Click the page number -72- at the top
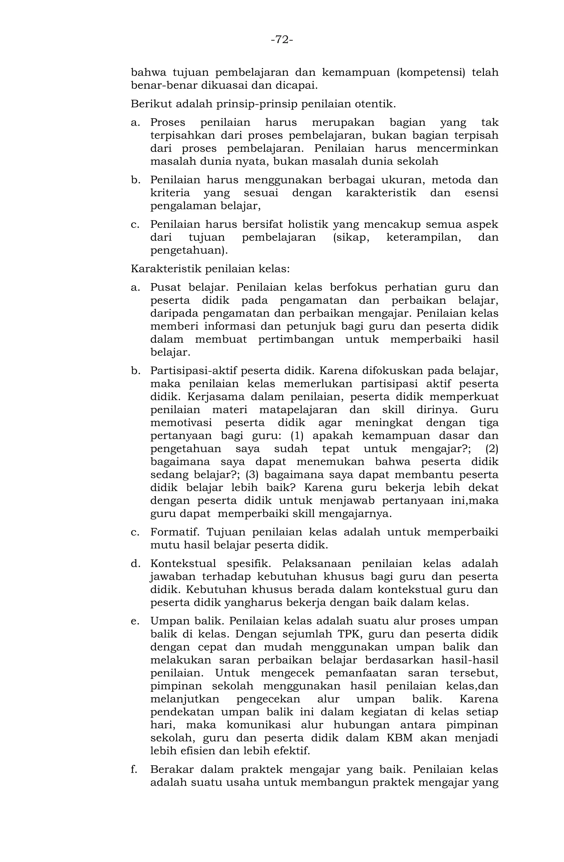(282, 39)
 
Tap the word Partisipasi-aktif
(194, 371)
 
